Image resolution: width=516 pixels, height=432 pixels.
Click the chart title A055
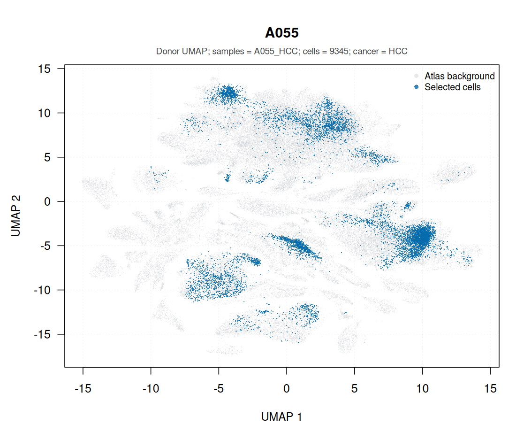point(282,33)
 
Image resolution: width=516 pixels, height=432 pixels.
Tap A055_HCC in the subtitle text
point(276,51)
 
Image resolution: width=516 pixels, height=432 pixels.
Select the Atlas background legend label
point(459,76)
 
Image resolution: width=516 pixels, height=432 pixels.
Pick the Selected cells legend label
point(453,87)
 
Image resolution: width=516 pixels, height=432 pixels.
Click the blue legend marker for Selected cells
point(416,87)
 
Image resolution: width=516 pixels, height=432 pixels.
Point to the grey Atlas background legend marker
point(416,76)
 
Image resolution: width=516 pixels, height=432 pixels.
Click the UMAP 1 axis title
point(281,417)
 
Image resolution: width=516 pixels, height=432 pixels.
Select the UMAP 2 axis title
point(16,216)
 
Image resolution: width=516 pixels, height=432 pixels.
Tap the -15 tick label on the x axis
point(83,388)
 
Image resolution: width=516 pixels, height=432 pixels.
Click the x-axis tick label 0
point(287,388)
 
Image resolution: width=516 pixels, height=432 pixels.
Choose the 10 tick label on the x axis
point(423,388)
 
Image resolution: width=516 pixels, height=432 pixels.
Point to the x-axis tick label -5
point(219,388)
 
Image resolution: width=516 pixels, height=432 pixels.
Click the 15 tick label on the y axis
point(44,69)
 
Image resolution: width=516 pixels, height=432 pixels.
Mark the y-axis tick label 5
point(47,157)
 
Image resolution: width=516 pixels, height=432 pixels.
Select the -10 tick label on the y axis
point(42,290)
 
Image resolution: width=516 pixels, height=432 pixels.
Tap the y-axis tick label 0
point(47,201)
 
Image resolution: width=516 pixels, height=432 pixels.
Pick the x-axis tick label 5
point(355,388)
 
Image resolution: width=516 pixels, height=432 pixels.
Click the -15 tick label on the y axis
point(42,334)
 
